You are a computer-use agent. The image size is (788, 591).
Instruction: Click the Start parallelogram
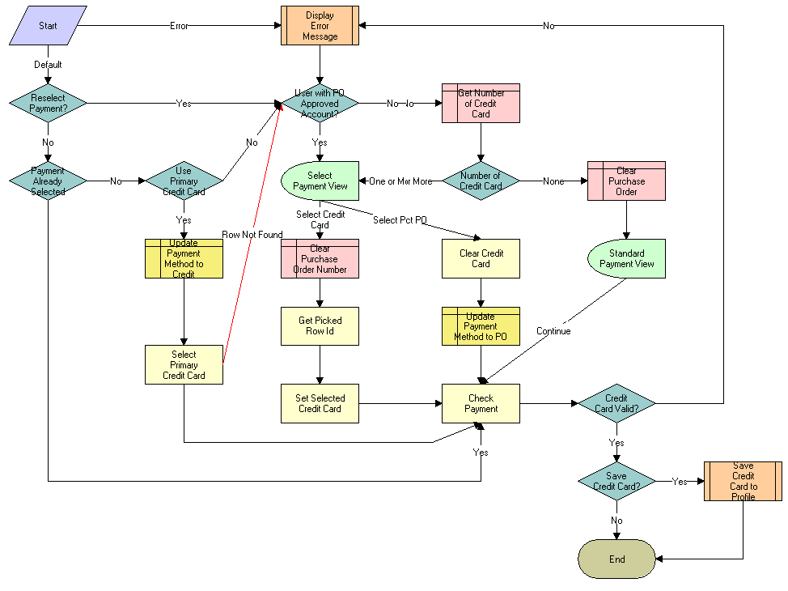point(48,25)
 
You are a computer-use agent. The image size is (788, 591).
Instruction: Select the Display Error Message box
point(320,26)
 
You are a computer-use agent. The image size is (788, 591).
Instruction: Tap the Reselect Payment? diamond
point(48,103)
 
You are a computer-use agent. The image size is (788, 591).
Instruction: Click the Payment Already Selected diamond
point(48,181)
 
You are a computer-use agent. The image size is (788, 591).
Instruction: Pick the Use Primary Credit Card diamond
point(184,181)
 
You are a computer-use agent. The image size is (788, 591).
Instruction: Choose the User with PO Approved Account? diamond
point(320,104)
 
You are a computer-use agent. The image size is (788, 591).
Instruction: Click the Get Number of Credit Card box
point(481,104)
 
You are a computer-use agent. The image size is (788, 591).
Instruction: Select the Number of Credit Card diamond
point(481,181)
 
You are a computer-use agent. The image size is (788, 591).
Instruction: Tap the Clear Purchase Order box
point(626,181)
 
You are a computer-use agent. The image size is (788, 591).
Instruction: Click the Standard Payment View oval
point(626,258)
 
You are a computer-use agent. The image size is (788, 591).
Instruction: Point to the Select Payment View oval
point(320,181)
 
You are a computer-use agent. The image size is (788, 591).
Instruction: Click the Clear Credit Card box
point(481,258)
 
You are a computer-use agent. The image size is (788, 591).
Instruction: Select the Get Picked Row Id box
point(320,325)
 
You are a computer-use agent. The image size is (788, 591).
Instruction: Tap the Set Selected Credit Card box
point(320,403)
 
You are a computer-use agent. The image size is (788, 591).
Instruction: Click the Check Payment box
point(481,403)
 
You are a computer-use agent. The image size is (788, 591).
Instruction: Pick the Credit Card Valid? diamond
point(616,403)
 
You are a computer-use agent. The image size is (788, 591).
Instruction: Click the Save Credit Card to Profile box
point(743,481)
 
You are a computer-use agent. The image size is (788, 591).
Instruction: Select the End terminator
point(616,559)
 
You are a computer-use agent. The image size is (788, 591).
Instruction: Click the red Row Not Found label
point(252,235)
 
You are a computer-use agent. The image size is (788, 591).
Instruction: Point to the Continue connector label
point(553,331)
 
